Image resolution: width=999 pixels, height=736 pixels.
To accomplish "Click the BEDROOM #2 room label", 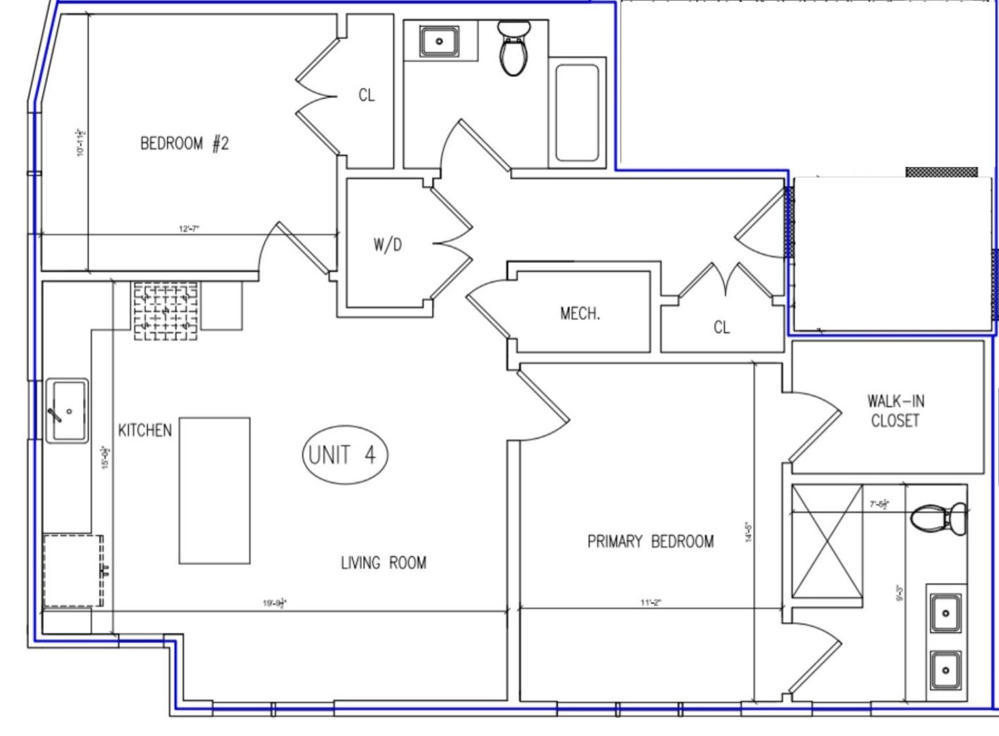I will [x=185, y=143].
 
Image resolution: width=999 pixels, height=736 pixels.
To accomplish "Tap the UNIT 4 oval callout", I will [x=344, y=454].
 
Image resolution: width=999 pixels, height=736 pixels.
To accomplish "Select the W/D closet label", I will [x=388, y=244].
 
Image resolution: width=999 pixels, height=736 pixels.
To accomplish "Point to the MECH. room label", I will [x=580, y=313].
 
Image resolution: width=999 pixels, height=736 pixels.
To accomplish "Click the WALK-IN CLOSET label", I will [x=895, y=411].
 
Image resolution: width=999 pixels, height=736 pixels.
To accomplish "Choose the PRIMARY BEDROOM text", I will [x=650, y=541].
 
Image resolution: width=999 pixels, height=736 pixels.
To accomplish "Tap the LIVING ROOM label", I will [x=383, y=563].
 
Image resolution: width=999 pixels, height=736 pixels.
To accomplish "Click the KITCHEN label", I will [x=145, y=430].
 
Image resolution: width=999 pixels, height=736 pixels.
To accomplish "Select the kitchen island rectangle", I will [x=215, y=490].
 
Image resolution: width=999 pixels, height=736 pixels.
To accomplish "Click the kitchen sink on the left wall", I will [x=67, y=411].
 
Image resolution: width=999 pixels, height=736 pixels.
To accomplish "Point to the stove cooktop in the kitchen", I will [x=166, y=310].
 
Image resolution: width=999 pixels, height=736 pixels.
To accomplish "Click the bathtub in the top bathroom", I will [x=577, y=112].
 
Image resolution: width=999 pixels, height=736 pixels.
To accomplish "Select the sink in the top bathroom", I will [x=440, y=41].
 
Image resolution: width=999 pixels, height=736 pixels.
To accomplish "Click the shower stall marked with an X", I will [x=827, y=541].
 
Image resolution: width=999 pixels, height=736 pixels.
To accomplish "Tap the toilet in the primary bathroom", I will [x=939, y=518].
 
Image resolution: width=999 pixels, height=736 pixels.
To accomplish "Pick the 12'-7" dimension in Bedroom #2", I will [x=189, y=229].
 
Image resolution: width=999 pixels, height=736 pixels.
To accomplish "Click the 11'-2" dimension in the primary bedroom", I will [x=651, y=603].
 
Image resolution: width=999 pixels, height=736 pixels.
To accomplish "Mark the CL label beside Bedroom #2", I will [x=367, y=95].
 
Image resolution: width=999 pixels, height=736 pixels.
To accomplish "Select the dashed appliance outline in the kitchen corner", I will [x=74, y=570].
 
